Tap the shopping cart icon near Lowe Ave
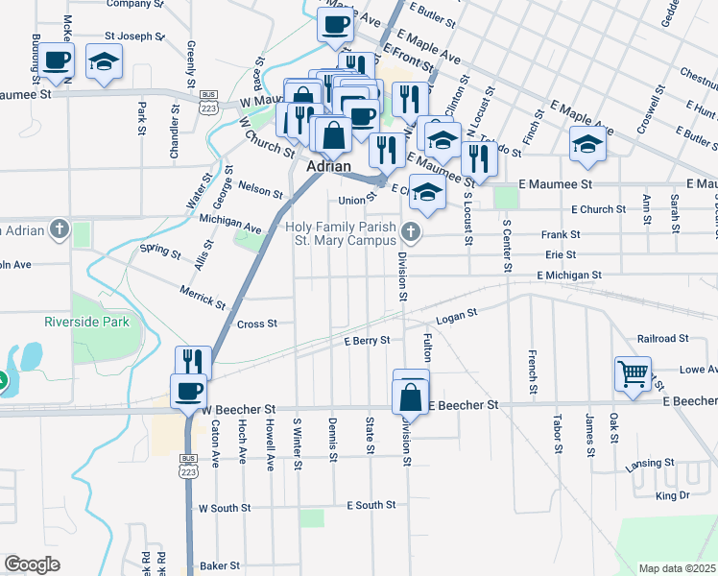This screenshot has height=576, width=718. tap(634, 372)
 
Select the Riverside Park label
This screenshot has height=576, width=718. tap(86, 323)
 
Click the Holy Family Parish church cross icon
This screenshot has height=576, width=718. tap(412, 229)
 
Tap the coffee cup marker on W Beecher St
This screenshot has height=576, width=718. tap(188, 391)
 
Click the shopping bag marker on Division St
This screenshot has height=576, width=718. tap(410, 394)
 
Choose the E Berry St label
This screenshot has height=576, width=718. tap(368, 340)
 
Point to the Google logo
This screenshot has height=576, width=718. tap(32, 564)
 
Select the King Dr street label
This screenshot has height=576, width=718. tap(672, 495)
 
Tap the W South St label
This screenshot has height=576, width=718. tap(224, 507)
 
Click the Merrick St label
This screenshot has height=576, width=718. tap(202, 296)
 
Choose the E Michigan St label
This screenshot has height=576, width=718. tap(569, 276)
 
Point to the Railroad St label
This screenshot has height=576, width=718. tap(662, 338)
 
